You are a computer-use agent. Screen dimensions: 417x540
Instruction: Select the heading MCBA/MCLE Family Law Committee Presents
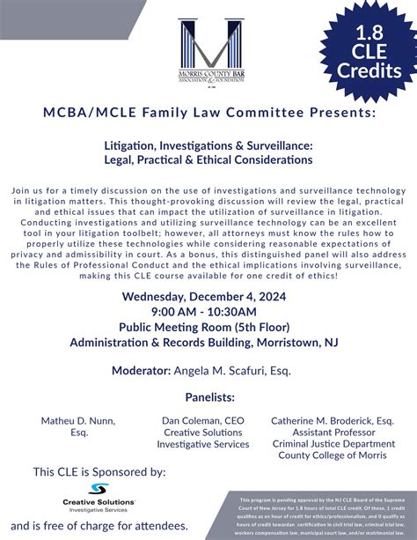click(208, 114)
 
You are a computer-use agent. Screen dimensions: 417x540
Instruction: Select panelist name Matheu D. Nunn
click(78, 421)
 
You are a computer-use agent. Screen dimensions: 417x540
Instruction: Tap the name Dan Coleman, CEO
click(203, 421)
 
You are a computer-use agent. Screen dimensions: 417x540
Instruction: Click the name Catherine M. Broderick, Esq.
click(333, 421)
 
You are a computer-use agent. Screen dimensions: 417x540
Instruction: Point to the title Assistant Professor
click(332, 433)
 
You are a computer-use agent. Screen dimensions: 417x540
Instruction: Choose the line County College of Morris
click(332, 455)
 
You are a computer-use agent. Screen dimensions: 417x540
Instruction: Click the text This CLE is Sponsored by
click(99, 472)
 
